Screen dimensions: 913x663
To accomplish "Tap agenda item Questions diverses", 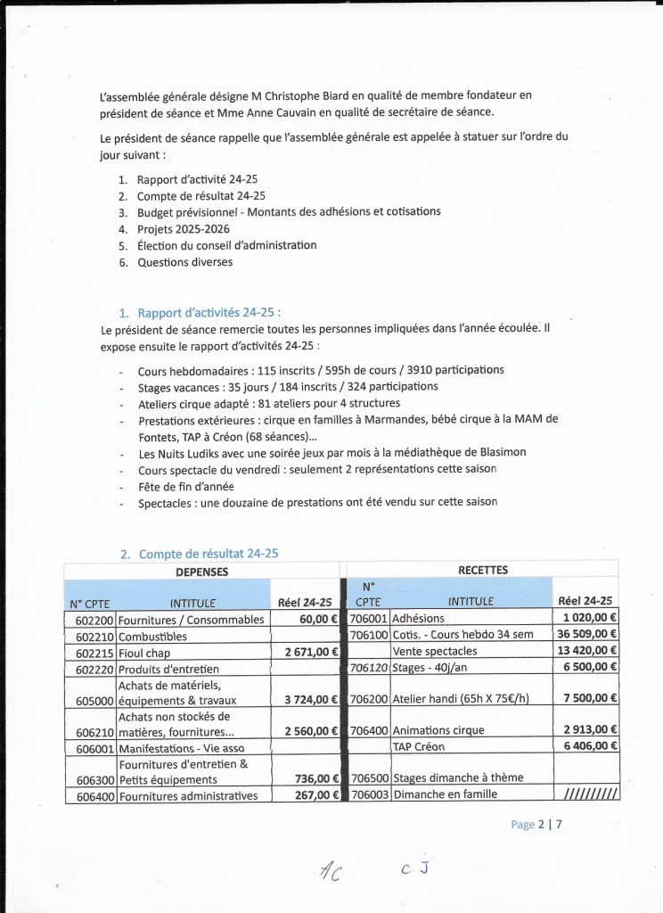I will point(184,262).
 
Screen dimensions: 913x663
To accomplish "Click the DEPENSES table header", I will point(201,572).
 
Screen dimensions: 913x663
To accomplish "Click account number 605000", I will point(89,700).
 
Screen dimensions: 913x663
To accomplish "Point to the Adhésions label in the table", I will point(418,619).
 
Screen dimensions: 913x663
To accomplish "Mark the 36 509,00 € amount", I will point(585,634).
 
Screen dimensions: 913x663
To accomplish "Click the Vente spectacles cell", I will point(436,651).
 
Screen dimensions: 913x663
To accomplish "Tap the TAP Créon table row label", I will point(418,746).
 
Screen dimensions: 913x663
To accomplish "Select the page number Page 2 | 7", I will point(536,825).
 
